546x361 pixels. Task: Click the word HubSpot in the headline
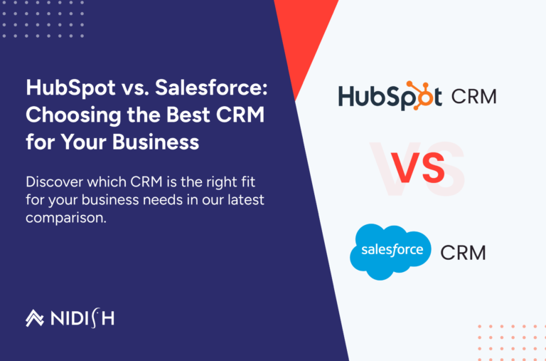pyautogui.click(x=62, y=89)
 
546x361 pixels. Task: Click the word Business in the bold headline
pyautogui.click(x=155, y=141)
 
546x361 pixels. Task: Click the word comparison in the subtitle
pyautogui.click(x=65, y=218)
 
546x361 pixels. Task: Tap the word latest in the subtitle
pyautogui.click(x=244, y=200)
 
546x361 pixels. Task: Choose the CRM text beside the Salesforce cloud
pyautogui.click(x=463, y=252)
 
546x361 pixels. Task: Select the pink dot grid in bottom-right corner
pyautogui.click(x=509, y=340)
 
